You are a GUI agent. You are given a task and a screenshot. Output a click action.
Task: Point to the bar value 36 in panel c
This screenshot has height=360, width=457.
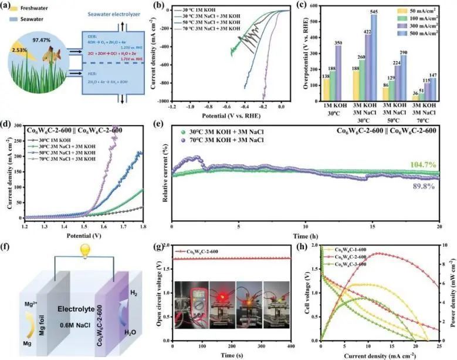pyautogui.click(x=399, y=93)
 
